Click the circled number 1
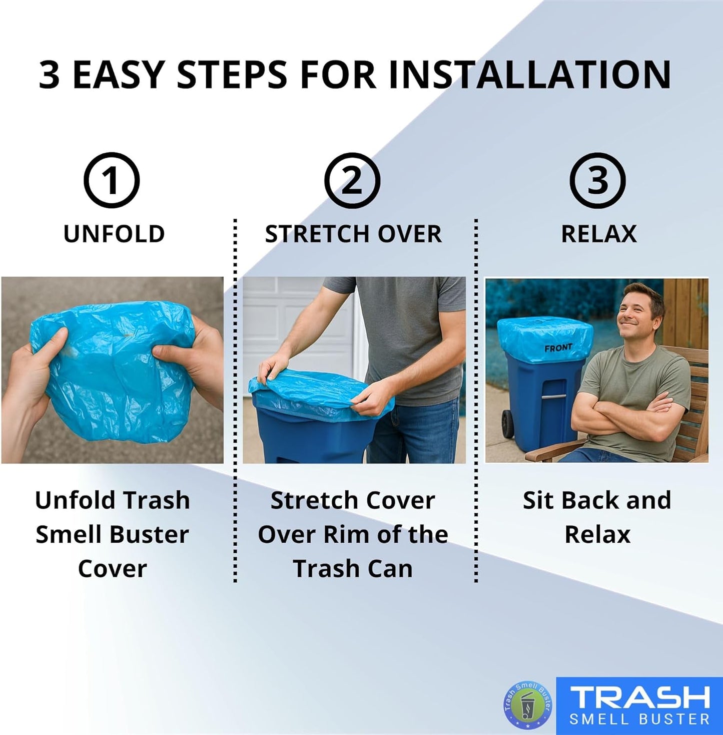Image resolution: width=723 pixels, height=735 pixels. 111,181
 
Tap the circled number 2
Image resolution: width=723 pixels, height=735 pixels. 352,181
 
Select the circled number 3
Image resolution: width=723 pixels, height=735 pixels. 597,181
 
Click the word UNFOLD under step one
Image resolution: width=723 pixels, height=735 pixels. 114,234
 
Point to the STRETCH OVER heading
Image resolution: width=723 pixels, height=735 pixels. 353,234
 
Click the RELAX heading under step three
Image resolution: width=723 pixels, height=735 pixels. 599,234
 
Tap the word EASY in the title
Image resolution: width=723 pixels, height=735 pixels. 119,75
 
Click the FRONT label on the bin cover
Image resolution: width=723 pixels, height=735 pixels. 558,347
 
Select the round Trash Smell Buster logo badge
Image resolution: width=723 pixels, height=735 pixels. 527,705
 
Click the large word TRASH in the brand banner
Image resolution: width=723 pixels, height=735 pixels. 640,697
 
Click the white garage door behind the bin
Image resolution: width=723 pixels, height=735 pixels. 300,320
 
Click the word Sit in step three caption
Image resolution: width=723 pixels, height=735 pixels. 537,500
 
